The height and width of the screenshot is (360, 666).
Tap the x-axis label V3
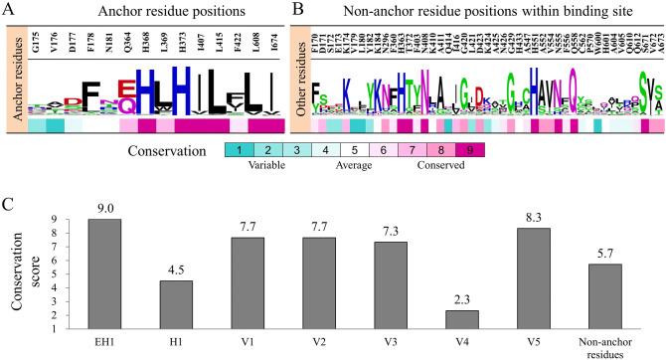(x=398, y=350)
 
